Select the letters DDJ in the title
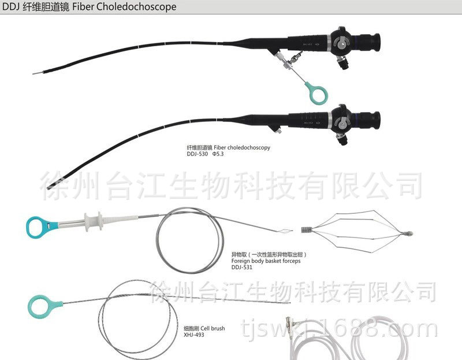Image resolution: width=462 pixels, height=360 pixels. tap(11, 8)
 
